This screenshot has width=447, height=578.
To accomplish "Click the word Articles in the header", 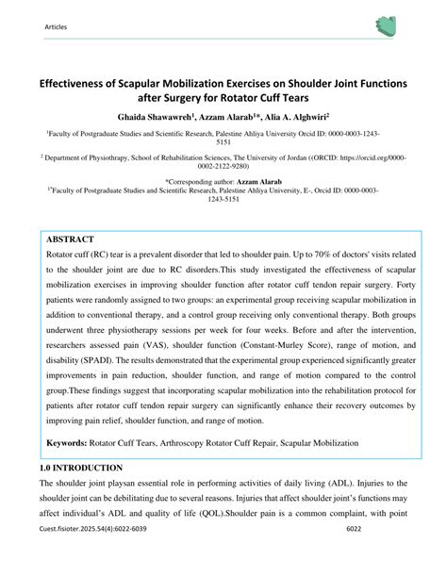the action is (x=56, y=26).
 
